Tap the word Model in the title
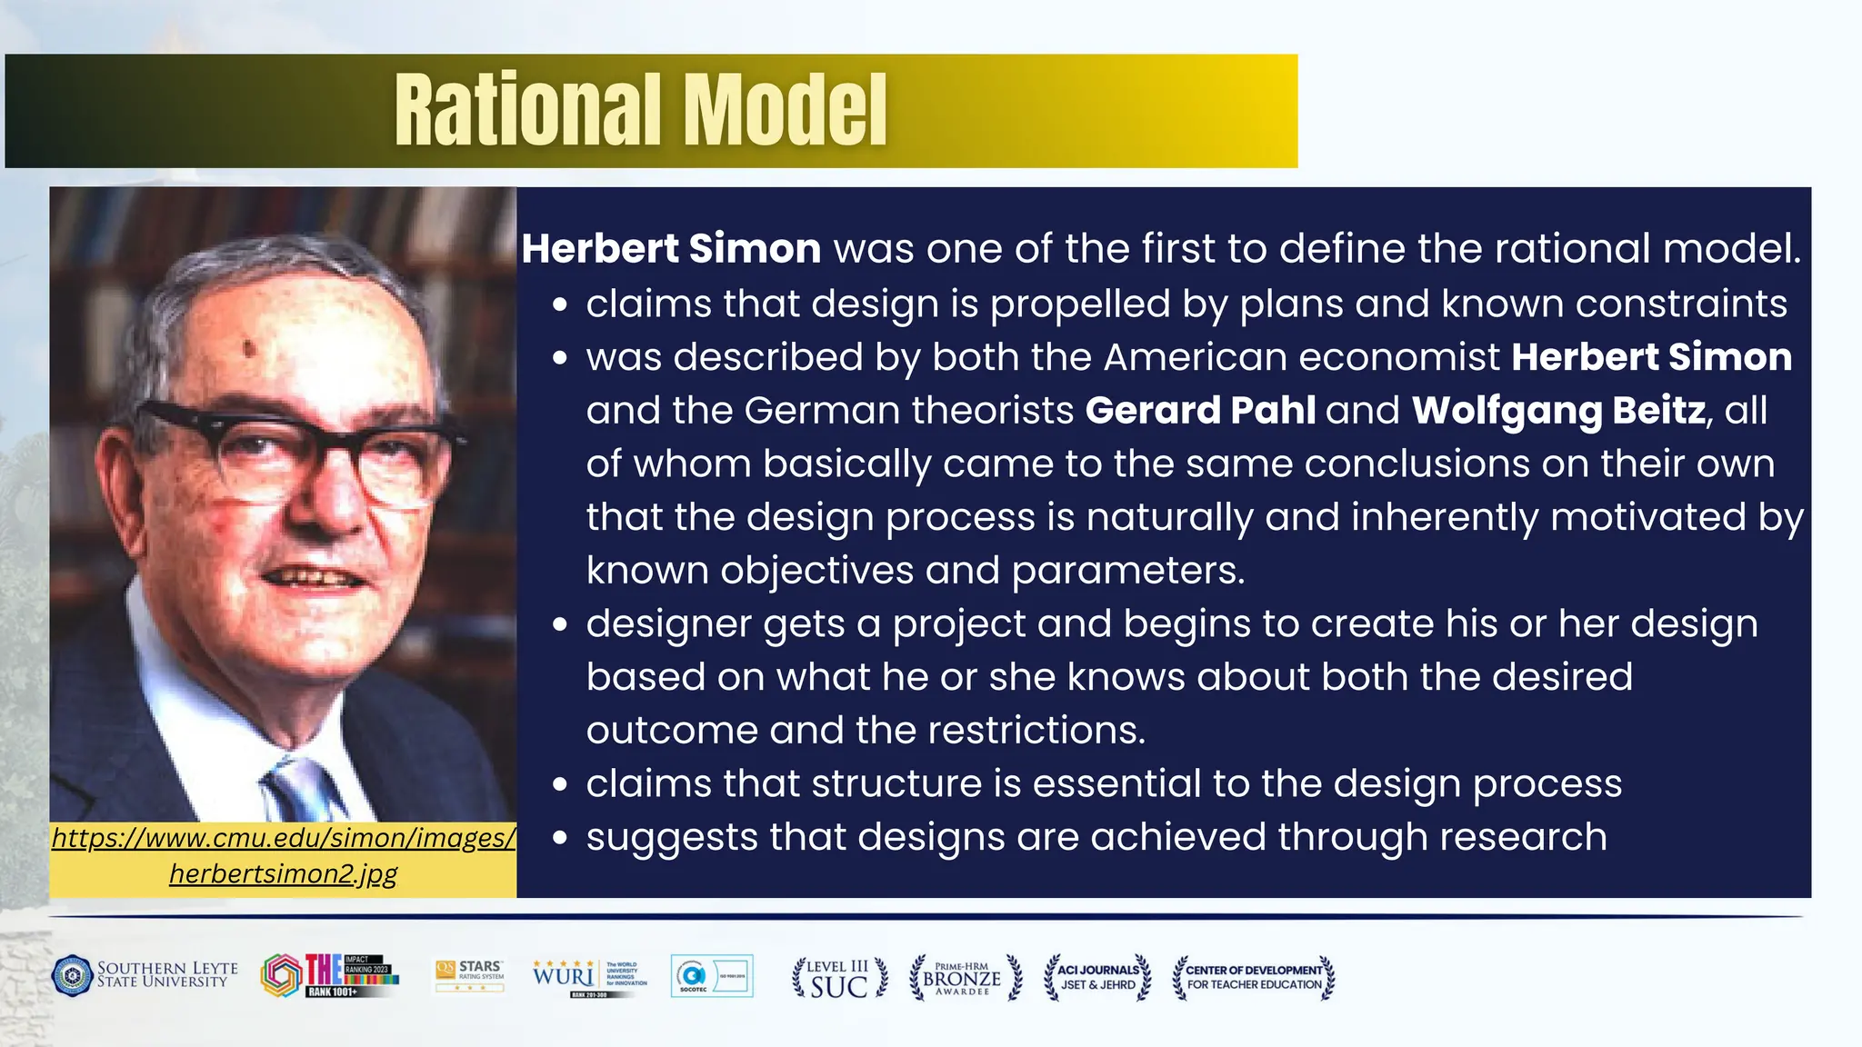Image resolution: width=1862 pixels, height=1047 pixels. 786,110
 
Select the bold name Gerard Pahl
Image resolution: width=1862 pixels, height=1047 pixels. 1200,410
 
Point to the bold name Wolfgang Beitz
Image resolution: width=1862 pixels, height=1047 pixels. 1558,410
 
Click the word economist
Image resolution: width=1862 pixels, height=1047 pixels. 1399,357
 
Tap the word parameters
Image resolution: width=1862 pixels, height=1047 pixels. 1127,571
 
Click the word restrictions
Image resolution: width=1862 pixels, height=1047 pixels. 1036,731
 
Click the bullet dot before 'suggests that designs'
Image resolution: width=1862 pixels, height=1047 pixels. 560,838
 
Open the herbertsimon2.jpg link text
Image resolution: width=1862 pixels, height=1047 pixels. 284,874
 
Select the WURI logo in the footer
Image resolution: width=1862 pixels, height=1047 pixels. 564,977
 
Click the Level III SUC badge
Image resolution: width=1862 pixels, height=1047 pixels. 839,978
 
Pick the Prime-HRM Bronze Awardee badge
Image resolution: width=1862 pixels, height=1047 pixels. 965,978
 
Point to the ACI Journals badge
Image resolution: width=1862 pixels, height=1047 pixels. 1097,978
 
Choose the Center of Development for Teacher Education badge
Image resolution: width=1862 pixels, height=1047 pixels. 1254,978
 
